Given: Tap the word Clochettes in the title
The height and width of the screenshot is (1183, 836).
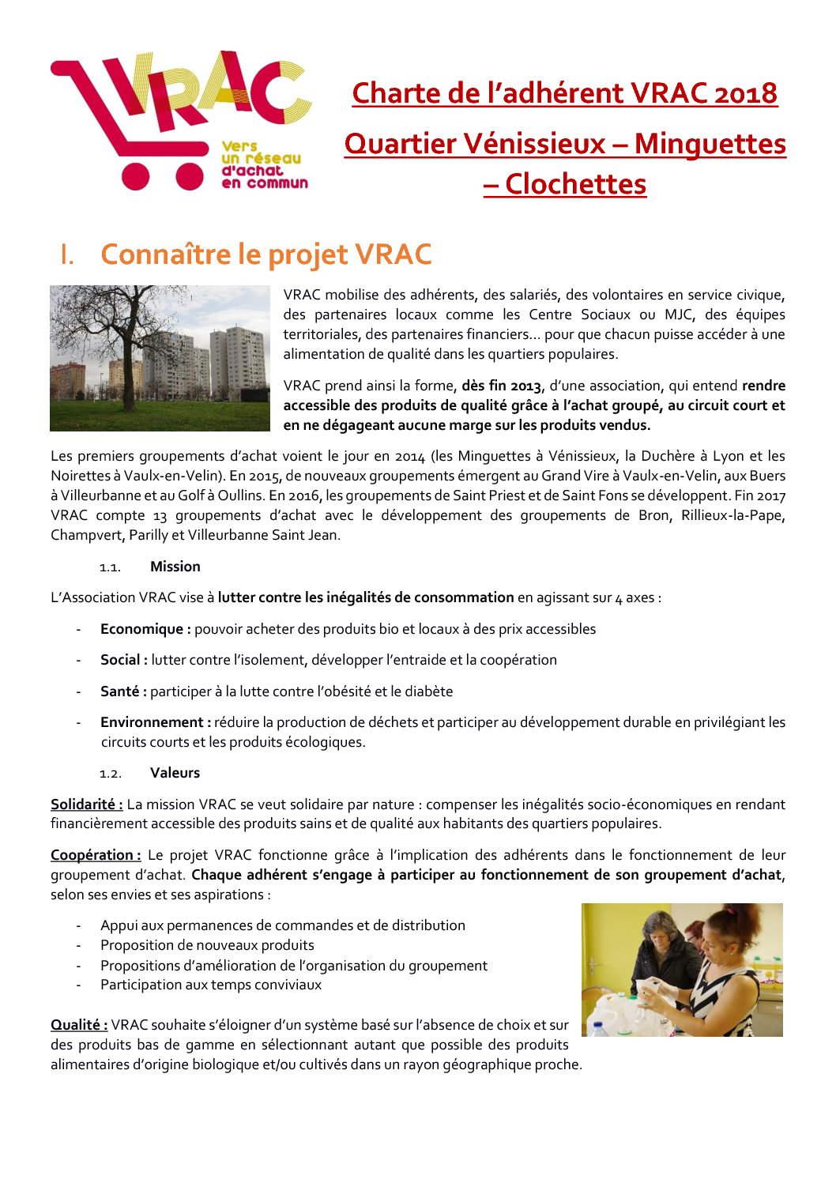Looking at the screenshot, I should click(575, 184).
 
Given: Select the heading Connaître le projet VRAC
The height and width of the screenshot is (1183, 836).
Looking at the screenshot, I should click(265, 254).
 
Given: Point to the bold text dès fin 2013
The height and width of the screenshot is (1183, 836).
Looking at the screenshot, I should click(501, 386).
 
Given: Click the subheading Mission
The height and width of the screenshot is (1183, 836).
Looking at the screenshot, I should click(175, 567).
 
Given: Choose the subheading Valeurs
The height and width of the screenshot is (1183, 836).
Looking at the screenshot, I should click(175, 773).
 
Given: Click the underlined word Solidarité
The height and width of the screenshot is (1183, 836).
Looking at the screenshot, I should click(86, 804).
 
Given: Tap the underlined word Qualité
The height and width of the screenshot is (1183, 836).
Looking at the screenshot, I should click(79, 1025).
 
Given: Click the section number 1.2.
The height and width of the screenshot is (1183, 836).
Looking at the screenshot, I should click(110, 774).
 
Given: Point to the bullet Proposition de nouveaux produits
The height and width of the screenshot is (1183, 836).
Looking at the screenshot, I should click(207, 945).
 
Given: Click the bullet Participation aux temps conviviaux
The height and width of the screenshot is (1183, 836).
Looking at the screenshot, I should click(211, 985).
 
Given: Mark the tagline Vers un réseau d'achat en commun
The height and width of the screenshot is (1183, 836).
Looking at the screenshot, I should click(263, 164).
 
